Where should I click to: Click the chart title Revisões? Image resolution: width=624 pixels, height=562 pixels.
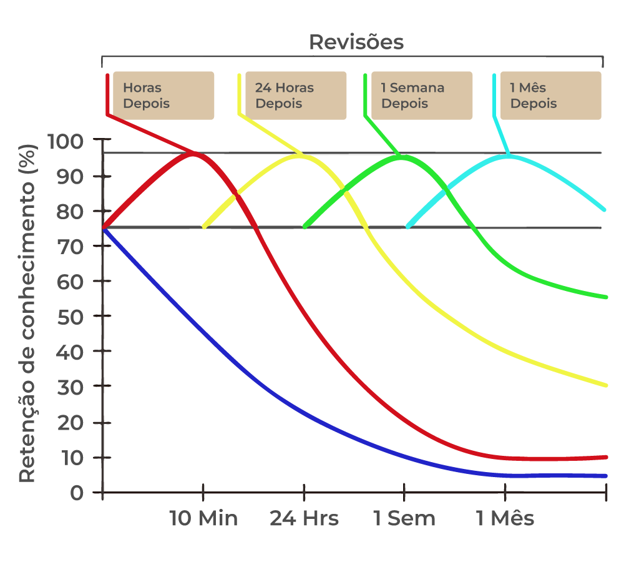coord(356,42)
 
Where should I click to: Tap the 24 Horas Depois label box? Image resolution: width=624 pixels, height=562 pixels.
coord(295,96)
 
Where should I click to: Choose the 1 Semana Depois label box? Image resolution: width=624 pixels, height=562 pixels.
coord(422,96)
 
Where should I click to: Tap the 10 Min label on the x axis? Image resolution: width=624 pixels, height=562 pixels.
coord(203,518)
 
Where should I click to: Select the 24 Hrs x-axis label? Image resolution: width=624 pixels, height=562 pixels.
coord(304,518)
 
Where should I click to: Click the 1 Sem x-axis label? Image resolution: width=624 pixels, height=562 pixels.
coord(404,518)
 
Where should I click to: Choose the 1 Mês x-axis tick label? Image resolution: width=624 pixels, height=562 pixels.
coord(505,518)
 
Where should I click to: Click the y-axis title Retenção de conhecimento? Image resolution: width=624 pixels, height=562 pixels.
coord(27,312)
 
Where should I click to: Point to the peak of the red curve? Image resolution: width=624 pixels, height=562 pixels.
coord(194,153)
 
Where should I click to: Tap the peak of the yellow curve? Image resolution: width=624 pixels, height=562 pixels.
coord(300,155)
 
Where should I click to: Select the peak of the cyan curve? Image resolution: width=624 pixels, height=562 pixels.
coord(508,155)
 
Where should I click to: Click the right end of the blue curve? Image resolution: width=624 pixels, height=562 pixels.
coord(605,476)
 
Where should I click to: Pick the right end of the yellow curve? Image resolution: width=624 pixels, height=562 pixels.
coord(605,385)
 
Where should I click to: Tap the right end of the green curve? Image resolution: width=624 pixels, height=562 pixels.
coord(605,297)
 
